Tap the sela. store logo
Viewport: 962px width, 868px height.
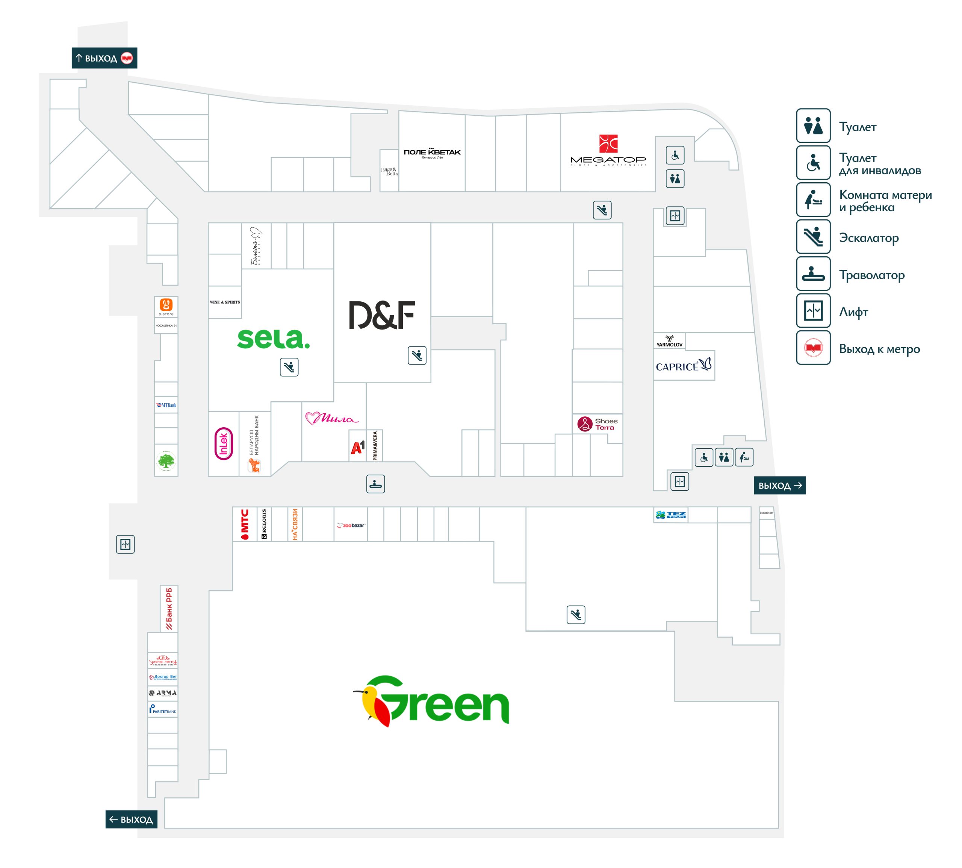(x=273, y=339)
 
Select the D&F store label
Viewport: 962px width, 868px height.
(x=381, y=315)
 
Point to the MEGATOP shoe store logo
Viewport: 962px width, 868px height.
(x=608, y=151)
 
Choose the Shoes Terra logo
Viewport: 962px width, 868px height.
(x=597, y=423)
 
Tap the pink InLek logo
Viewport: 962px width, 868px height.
(x=224, y=443)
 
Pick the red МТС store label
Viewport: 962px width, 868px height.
(x=245, y=524)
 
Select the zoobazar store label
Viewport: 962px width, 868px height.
(x=351, y=525)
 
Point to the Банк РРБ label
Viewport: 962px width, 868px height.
(x=169, y=608)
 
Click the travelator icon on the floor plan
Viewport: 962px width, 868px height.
(x=375, y=484)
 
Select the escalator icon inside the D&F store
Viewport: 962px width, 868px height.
(x=417, y=355)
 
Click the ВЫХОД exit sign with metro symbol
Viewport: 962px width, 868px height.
(x=104, y=58)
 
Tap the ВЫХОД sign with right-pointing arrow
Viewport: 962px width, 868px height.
(x=779, y=485)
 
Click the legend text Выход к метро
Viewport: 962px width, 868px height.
(x=879, y=349)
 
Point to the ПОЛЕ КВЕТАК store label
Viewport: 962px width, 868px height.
(x=432, y=153)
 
